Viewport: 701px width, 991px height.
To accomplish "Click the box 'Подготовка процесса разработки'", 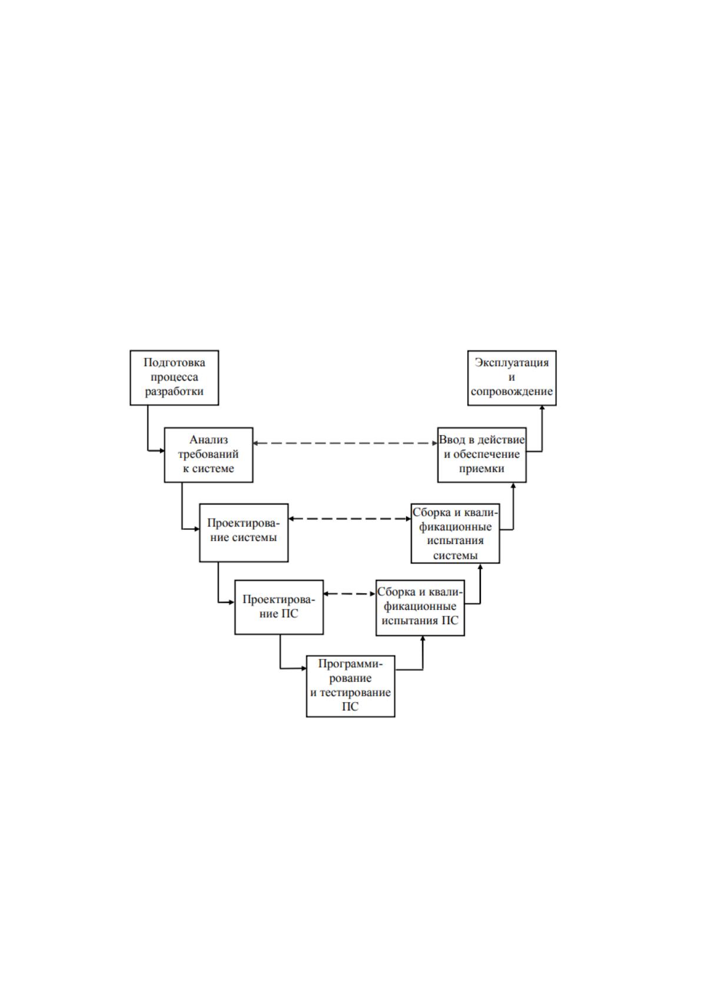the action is (x=174, y=378).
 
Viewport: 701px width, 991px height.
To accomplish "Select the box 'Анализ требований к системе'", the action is (x=208, y=455).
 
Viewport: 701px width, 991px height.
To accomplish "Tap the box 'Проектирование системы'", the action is (x=244, y=533).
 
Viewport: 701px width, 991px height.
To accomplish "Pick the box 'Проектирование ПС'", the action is (x=279, y=607).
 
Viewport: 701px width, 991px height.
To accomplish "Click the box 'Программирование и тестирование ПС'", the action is (x=350, y=686).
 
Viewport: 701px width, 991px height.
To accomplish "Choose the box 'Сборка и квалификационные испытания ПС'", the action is (x=420, y=608).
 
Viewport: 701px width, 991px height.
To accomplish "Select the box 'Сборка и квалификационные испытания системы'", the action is (x=455, y=533).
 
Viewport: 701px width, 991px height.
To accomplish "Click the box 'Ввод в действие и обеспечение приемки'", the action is (x=482, y=455).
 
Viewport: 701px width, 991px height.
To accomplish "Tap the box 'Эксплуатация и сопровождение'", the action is (x=512, y=378).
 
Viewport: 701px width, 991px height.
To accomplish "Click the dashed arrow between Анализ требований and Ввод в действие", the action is (x=345, y=443).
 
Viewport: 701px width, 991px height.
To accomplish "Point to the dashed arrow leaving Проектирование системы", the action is (x=350, y=519).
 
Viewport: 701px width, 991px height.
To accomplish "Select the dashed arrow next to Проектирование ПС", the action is (x=350, y=593).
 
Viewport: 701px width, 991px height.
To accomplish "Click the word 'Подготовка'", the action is (x=174, y=362).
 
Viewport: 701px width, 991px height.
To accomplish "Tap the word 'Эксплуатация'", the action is (x=511, y=362).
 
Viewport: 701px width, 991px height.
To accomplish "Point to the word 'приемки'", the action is (x=481, y=469).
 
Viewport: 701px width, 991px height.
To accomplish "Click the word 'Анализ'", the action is (x=208, y=439).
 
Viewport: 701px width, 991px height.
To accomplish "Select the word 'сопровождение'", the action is (x=511, y=391).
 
